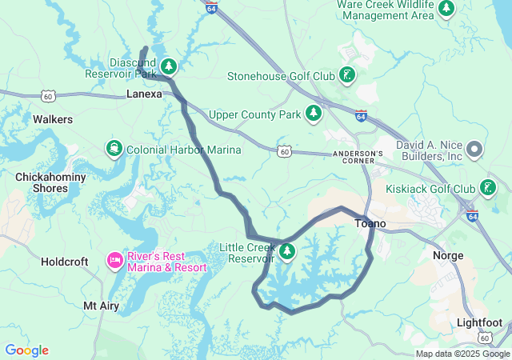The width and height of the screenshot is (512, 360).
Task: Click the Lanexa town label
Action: click(144, 94)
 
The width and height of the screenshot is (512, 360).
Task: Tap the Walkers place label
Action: click(53, 119)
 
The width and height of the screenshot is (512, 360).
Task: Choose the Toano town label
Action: click(370, 224)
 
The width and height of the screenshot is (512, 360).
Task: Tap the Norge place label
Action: click(447, 256)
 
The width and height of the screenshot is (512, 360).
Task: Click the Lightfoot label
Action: click(479, 322)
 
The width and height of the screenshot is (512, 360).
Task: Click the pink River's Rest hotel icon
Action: click(114, 261)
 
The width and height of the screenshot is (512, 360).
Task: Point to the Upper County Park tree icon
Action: click(313, 114)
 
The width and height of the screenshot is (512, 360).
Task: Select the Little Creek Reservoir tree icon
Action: click(286, 253)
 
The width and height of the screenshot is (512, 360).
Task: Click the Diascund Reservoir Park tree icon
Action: click(169, 66)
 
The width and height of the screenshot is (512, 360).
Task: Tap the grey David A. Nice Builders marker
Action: click(474, 149)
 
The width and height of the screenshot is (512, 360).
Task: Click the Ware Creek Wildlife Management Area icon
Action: click(446, 9)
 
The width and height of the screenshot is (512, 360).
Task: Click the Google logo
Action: click(26, 350)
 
